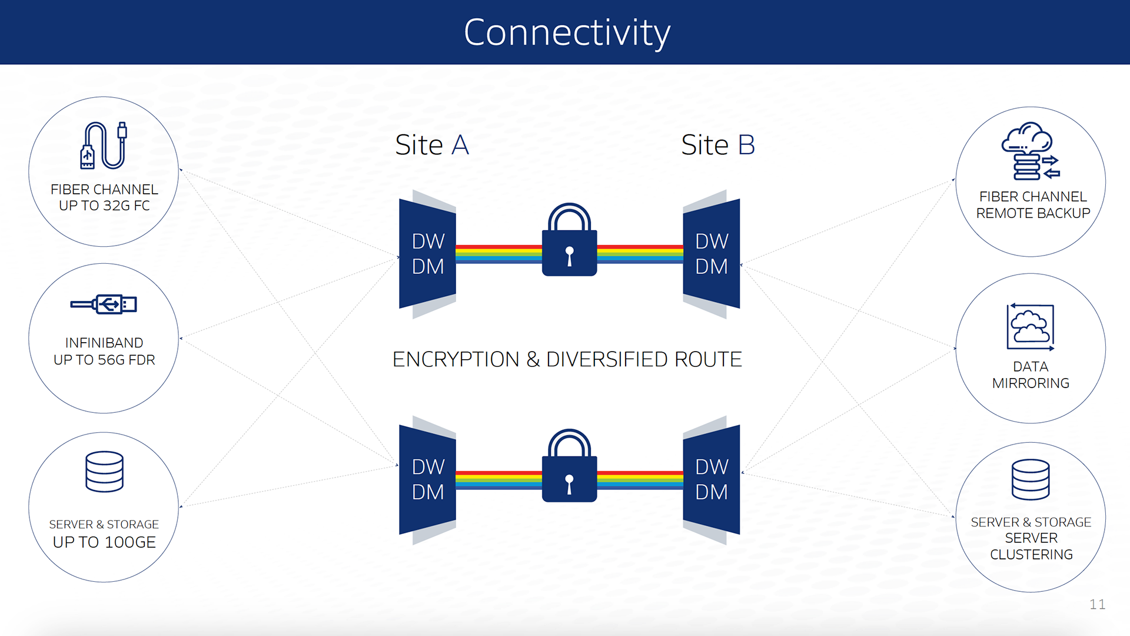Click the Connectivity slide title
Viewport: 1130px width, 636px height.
(x=566, y=32)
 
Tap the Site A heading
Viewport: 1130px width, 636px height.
(x=432, y=145)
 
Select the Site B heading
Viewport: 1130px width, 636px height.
(x=717, y=145)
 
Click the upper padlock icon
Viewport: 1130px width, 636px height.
(x=569, y=241)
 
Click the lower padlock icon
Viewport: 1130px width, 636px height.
(x=569, y=467)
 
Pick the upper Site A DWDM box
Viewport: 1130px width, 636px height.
(x=428, y=254)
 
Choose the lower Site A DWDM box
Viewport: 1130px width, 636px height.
(x=428, y=479)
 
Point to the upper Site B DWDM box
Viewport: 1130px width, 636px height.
(x=712, y=254)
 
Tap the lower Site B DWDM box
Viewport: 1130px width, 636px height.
(x=712, y=479)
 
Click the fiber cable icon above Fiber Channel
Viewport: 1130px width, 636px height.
(x=104, y=145)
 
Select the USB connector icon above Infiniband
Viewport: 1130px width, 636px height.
(x=104, y=304)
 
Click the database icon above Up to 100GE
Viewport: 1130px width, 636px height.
(x=104, y=471)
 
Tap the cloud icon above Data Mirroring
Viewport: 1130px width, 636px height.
(x=1030, y=327)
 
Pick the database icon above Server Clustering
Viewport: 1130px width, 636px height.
(x=1030, y=479)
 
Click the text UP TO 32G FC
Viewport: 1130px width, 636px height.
(x=104, y=206)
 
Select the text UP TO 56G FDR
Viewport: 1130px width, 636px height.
(x=104, y=360)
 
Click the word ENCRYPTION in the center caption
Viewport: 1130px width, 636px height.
(x=456, y=359)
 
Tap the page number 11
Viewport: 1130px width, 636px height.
(x=1097, y=604)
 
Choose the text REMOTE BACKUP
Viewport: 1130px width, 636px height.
(x=1033, y=213)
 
